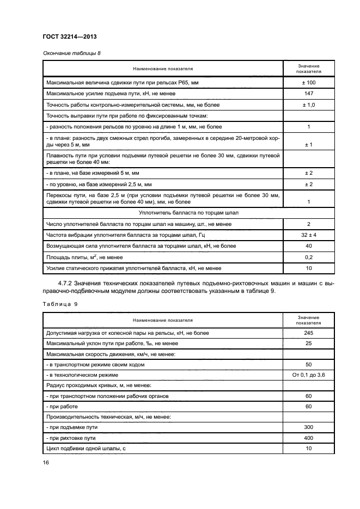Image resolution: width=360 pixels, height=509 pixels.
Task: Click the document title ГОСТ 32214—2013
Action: [x=70, y=37]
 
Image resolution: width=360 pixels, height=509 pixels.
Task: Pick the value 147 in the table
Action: [x=308, y=94]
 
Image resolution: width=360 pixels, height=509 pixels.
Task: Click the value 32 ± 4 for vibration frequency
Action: [x=308, y=235]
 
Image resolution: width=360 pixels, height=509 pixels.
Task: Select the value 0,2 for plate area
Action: [x=308, y=256]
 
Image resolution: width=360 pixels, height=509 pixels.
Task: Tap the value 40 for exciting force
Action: [x=308, y=246]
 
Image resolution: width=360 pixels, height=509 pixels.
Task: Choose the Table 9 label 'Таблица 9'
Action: [x=60, y=304]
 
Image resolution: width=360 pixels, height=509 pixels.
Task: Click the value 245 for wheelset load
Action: [x=308, y=333]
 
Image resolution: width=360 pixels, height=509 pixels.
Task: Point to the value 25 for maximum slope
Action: [x=308, y=344]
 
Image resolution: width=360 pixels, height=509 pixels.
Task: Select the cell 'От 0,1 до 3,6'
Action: [x=308, y=375]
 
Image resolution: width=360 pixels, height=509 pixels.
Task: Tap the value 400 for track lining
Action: [x=308, y=438]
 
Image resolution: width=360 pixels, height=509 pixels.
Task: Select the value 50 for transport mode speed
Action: [x=308, y=365]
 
